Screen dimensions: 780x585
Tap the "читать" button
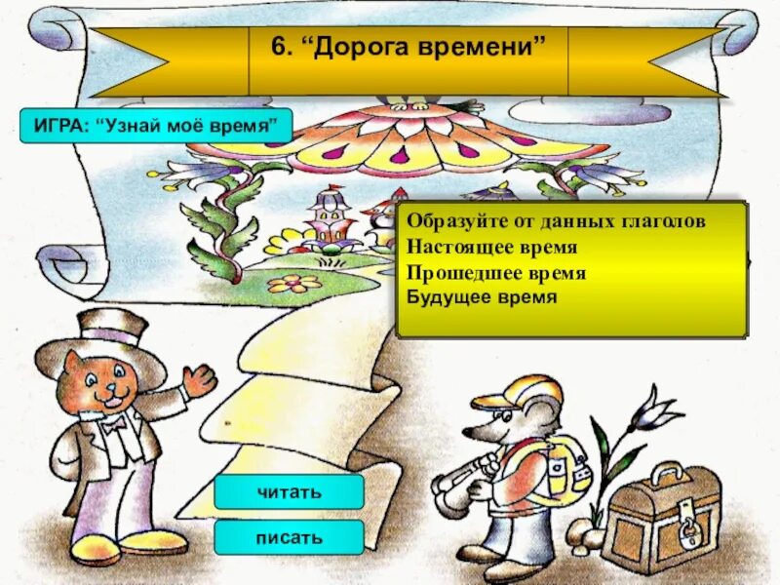[x=289, y=492]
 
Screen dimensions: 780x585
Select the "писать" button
[x=289, y=536]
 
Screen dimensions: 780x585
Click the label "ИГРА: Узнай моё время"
[x=156, y=127]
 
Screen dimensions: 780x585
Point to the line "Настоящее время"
[x=492, y=248]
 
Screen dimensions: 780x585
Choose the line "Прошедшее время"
[x=496, y=272]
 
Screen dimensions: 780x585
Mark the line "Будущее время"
[x=483, y=296]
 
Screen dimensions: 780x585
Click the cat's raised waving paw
[x=200, y=379]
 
